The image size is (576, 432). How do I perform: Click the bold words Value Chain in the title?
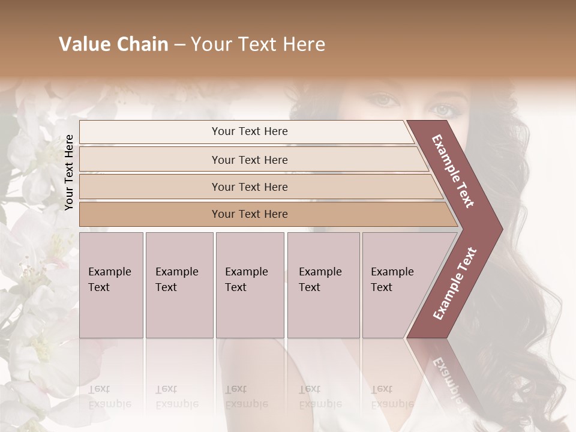pos(113,44)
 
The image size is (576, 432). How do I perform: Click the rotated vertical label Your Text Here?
pos(69,172)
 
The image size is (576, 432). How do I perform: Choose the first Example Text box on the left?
pos(111,285)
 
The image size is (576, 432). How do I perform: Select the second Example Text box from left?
pos(179,285)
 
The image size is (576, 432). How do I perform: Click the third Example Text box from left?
pos(250,285)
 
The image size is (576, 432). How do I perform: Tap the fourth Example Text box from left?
pos(323,285)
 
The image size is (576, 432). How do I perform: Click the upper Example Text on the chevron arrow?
pos(454,171)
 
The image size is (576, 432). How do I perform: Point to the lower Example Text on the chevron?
pos(455,284)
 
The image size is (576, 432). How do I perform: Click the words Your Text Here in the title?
pos(258,44)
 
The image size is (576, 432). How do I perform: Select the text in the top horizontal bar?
pos(250,131)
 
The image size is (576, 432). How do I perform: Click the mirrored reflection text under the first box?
pos(109,396)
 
